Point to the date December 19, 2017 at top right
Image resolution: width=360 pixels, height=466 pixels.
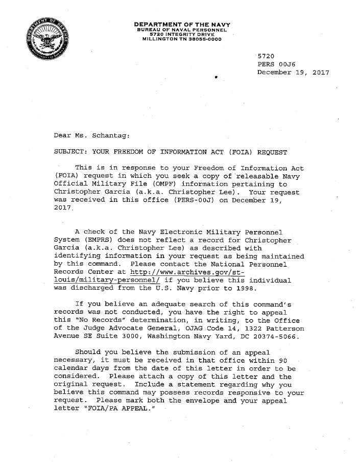point(293,73)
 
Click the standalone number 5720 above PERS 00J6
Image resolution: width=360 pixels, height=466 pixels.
point(267,55)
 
